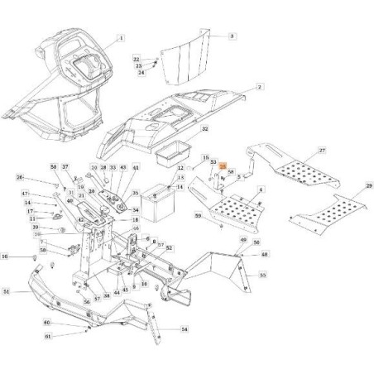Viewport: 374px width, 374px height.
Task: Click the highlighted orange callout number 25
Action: click(223, 167)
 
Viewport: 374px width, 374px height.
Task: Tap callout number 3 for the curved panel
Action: click(232, 37)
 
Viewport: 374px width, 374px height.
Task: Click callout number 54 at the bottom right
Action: click(184, 329)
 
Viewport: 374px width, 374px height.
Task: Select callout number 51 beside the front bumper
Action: click(7, 291)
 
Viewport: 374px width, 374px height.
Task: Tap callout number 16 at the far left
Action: click(5, 257)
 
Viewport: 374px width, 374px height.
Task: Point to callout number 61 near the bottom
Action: click(47, 337)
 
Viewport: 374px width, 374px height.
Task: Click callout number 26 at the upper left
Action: click(21, 178)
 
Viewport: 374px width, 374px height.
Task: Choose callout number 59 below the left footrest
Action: click(198, 216)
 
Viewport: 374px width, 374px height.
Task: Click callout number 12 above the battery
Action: click(180, 168)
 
